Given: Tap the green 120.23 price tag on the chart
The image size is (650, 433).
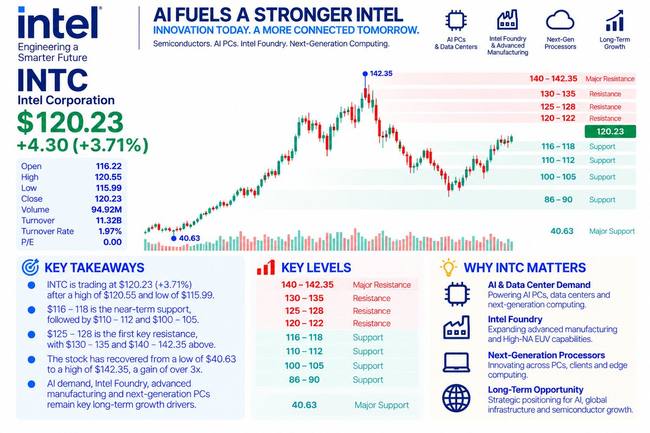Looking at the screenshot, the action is [610, 132].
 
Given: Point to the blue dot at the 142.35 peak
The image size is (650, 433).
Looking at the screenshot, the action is [365, 74].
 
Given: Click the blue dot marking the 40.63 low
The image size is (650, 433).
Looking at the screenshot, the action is [174, 238].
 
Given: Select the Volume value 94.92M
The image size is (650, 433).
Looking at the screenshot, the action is [107, 209].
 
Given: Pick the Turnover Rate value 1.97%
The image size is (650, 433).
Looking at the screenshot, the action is [110, 231].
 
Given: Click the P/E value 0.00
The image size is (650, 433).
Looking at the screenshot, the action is [112, 242].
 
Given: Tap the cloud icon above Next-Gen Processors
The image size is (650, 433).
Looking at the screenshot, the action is [560, 21].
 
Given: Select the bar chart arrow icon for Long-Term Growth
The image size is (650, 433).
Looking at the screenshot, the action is [615, 21].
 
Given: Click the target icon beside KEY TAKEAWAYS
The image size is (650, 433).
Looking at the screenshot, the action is [30, 267].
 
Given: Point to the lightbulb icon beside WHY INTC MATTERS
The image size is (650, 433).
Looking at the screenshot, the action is [448, 267].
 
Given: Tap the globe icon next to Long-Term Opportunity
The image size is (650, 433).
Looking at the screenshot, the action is [457, 398].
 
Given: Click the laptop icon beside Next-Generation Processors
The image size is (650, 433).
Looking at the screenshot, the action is [457, 363].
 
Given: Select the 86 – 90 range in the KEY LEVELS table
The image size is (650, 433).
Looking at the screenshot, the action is [304, 379].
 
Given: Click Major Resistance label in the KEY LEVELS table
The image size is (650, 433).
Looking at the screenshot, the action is [382, 285].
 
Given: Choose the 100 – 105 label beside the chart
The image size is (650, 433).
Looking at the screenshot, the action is [558, 176].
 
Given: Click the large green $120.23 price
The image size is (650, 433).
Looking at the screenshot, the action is [70, 122].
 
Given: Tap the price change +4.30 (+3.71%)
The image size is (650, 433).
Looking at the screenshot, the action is [83, 145].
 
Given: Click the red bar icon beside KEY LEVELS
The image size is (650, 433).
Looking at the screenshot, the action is [266, 267].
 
